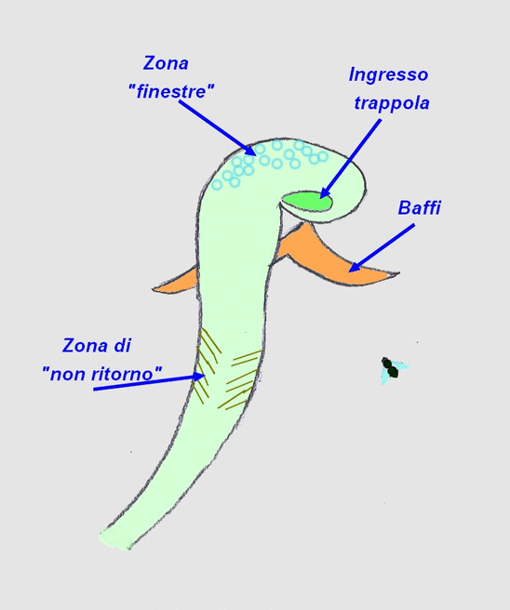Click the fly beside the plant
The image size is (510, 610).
click(x=394, y=369)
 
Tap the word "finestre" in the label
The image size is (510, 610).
click(x=171, y=92)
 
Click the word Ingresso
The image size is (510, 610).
click(x=388, y=74)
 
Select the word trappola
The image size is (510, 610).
click(x=392, y=103)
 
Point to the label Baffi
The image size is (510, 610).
click(x=420, y=207)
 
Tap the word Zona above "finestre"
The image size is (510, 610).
click(x=166, y=63)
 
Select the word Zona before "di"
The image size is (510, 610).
click(x=86, y=346)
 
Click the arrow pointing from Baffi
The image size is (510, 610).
click(x=382, y=247)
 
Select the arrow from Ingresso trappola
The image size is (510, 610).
click(x=350, y=159)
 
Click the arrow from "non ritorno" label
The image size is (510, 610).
click(x=149, y=382)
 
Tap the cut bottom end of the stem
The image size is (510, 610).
click(x=115, y=538)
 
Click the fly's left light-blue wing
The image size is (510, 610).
click(x=385, y=376)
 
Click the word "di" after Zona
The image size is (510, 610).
click(x=123, y=346)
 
